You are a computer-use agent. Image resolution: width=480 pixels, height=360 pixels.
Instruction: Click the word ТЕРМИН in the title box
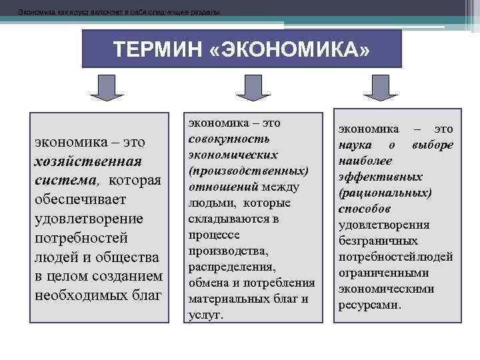[x=155, y=51]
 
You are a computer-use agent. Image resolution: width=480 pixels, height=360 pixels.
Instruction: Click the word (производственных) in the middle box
[x=249, y=170]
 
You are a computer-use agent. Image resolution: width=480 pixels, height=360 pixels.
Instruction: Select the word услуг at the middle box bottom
[x=204, y=315]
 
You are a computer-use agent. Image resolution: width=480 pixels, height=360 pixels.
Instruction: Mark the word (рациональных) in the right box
[x=385, y=193]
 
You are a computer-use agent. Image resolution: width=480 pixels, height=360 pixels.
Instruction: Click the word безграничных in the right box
[x=378, y=241]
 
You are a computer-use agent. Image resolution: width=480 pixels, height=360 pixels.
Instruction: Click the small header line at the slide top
[x=120, y=12]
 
